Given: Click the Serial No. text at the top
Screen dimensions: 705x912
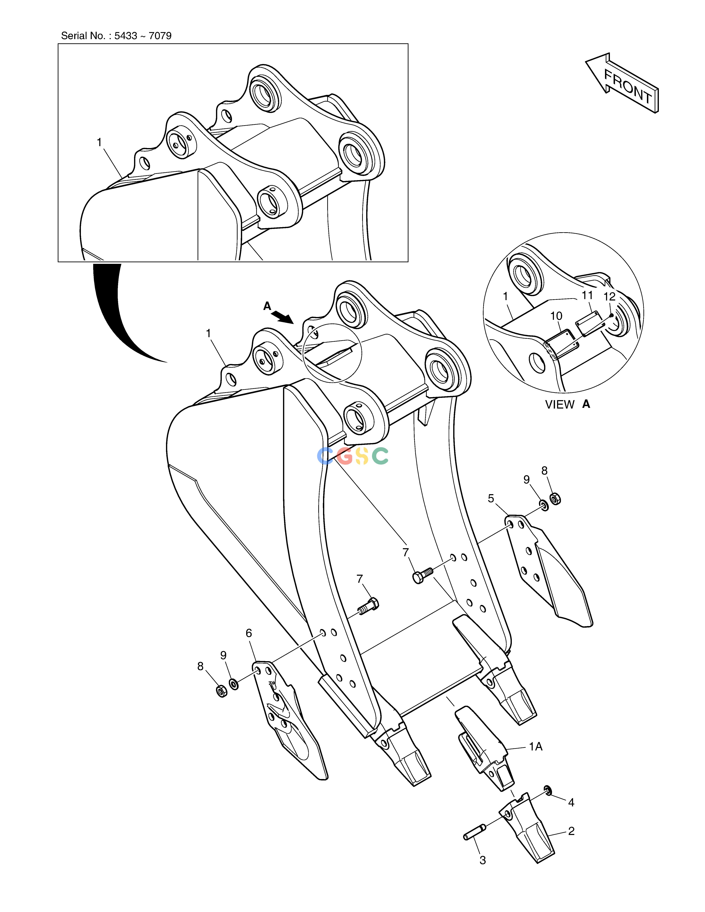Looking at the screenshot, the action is coord(116,36).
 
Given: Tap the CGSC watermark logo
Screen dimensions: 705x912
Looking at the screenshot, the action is coord(353,456).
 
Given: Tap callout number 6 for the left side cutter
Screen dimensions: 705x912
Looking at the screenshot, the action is coord(249,633).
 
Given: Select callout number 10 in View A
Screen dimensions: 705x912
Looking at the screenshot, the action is coord(556,316).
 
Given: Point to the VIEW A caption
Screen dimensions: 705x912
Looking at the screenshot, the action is coord(568,404).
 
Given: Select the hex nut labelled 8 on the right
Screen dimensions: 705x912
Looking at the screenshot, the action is coord(556,498).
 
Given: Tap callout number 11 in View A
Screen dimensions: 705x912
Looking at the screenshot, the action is coord(587,295).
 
